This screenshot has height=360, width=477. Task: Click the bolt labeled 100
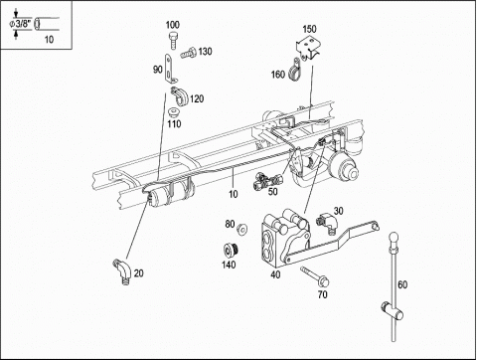173,40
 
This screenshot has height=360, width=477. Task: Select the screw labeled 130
189,54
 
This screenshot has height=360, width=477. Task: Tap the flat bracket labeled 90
170,70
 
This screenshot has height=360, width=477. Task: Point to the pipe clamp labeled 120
180,95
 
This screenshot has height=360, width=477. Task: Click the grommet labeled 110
174,112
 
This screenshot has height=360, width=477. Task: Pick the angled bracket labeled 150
307,49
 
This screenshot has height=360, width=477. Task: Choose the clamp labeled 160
294,70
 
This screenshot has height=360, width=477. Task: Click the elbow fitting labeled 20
122,270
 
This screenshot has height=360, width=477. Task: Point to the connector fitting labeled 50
266,181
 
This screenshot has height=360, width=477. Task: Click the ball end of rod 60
394,238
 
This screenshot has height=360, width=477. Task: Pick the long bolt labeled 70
315,276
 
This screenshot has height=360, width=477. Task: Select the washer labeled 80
242,229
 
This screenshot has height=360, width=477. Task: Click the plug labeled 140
231,250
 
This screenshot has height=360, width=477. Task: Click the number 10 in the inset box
49,40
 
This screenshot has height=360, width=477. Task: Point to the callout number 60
402,284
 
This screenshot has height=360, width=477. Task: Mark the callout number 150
309,29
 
